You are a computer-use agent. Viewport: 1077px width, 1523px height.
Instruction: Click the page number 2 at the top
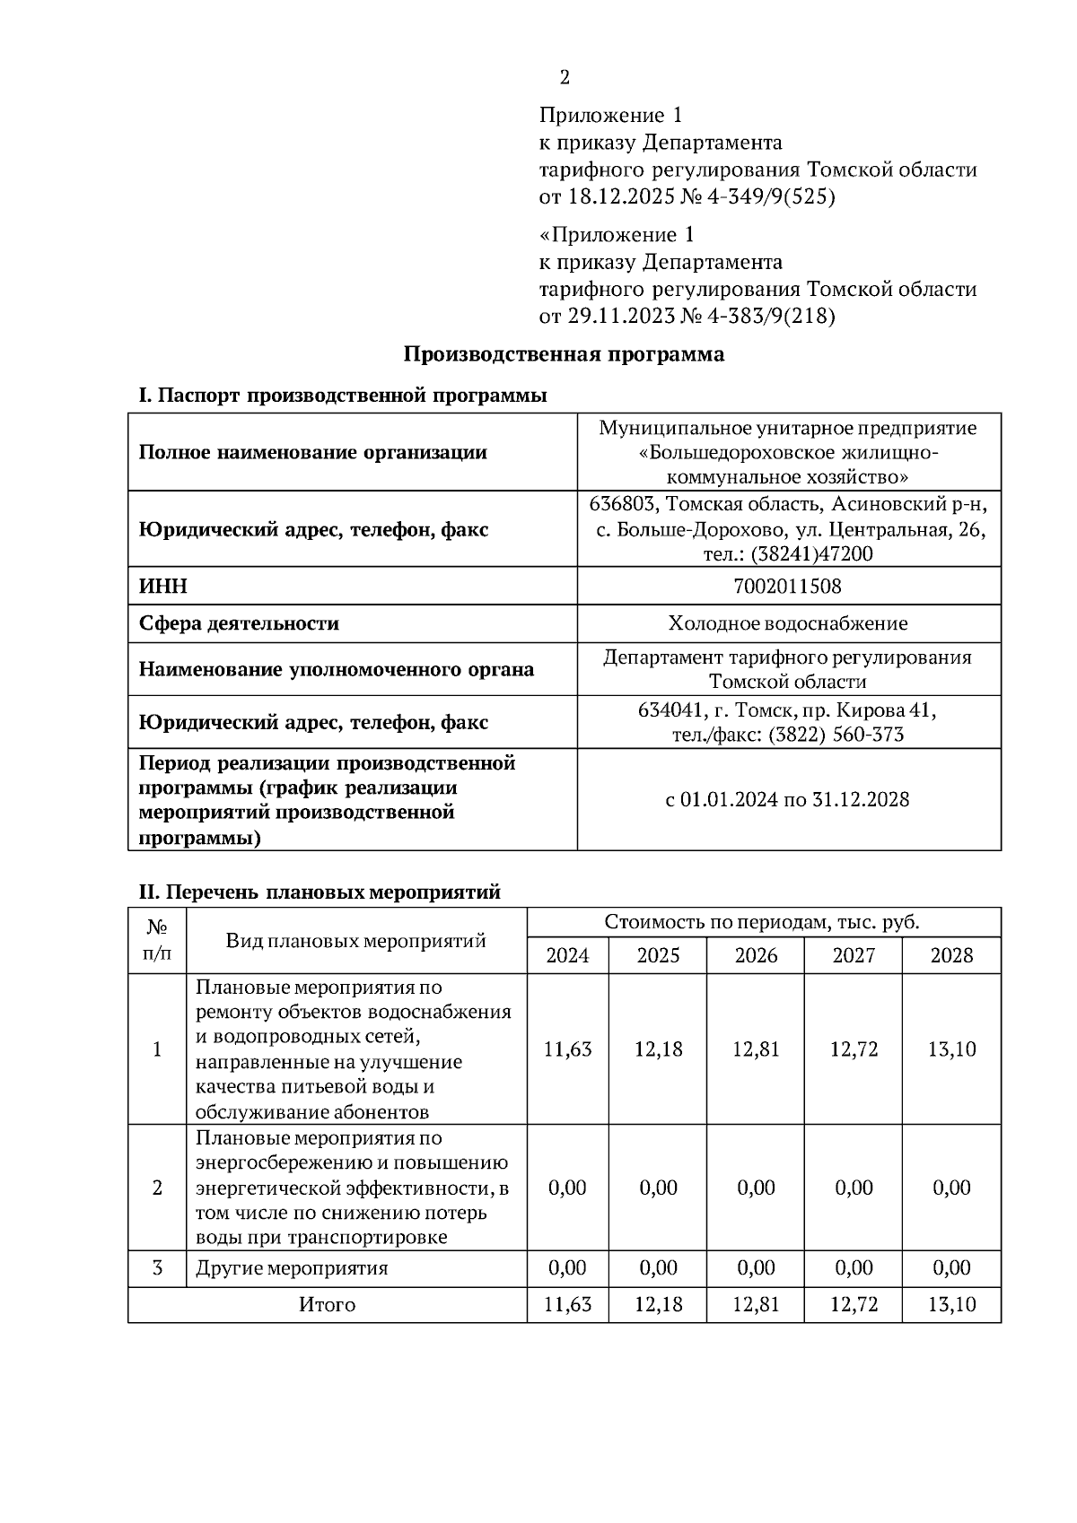[564, 78]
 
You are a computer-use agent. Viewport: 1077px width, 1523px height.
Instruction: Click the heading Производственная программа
[564, 354]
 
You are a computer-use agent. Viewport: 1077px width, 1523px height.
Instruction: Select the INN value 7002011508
[787, 587]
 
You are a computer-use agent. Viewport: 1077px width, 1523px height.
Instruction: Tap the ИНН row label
[163, 587]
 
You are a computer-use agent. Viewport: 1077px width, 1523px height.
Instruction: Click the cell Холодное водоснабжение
[787, 623]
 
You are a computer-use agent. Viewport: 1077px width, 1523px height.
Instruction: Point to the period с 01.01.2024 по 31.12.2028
[787, 799]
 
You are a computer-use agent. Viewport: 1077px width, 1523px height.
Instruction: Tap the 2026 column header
[756, 955]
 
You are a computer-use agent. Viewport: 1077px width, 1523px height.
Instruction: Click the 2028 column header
[951, 955]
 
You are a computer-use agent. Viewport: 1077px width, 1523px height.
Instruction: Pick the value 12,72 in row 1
[854, 1049]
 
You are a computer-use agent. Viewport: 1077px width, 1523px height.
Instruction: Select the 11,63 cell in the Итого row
[567, 1304]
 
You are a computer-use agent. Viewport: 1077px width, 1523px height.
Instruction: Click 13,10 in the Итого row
[951, 1304]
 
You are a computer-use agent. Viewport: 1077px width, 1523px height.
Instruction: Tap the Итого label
[327, 1305]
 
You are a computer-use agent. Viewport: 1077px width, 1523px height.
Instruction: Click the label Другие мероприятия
[292, 1268]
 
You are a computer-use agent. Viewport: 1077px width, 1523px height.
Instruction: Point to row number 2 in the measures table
[158, 1188]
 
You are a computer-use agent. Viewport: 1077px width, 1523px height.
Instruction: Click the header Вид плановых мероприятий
[355, 940]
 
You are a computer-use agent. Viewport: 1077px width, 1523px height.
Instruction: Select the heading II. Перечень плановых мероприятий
[319, 892]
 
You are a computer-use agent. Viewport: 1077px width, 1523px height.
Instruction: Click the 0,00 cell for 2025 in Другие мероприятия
[658, 1267]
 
